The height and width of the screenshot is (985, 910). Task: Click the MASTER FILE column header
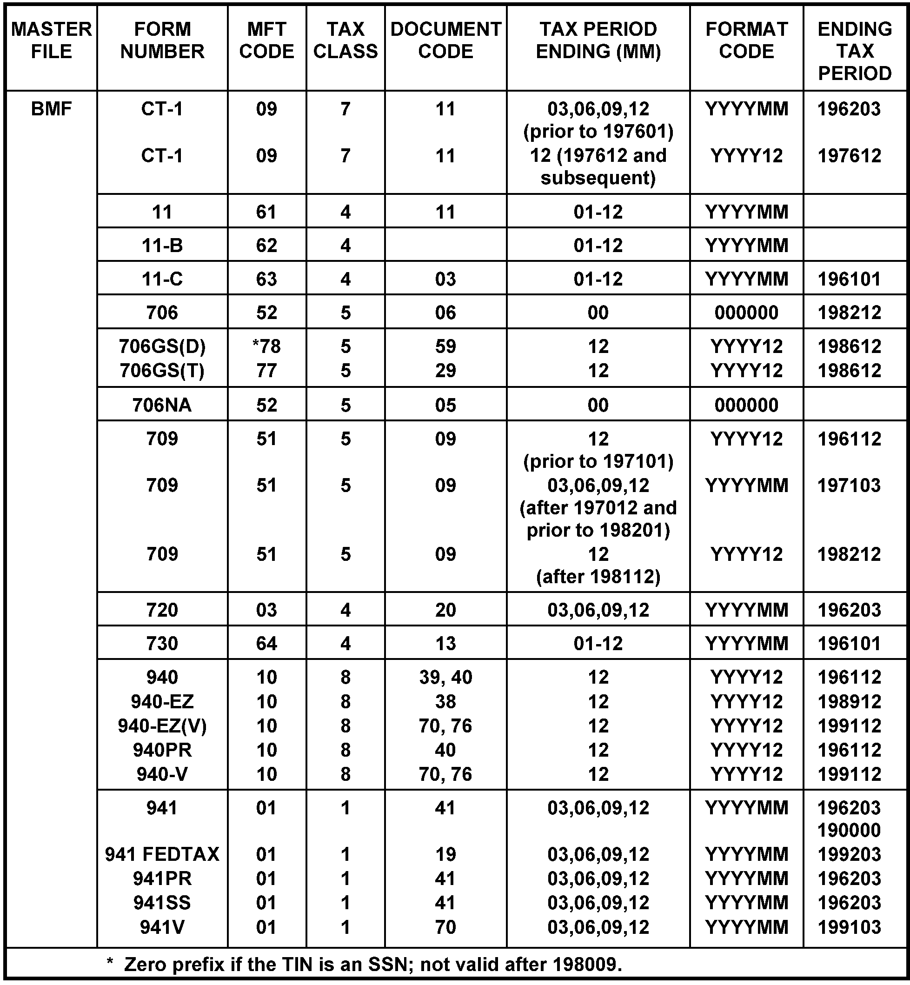(x=51, y=40)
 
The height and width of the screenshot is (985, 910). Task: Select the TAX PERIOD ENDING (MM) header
(x=598, y=40)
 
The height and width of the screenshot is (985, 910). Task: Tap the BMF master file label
(x=51, y=109)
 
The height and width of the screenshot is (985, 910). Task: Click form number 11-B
(x=162, y=245)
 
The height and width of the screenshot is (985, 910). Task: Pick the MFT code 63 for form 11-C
(x=266, y=279)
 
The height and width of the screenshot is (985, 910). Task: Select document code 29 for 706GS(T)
(x=445, y=371)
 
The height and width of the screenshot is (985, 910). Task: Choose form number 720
(x=162, y=610)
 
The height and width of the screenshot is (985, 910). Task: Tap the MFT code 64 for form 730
(x=266, y=644)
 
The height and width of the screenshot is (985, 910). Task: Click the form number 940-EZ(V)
(x=162, y=726)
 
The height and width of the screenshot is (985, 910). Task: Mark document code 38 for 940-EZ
(x=445, y=702)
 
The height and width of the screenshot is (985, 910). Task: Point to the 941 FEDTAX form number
(x=162, y=854)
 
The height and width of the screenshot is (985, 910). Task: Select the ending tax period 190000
(x=849, y=830)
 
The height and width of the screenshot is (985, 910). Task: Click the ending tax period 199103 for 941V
(x=849, y=927)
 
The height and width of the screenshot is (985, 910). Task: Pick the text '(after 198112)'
(x=598, y=577)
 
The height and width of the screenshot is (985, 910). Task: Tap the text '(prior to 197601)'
(x=598, y=132)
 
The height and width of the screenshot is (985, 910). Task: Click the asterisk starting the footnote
(x=110, y=963)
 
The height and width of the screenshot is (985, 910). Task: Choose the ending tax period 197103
(x=849, y=486)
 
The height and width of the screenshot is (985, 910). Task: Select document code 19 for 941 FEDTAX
(x=445, y=854)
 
